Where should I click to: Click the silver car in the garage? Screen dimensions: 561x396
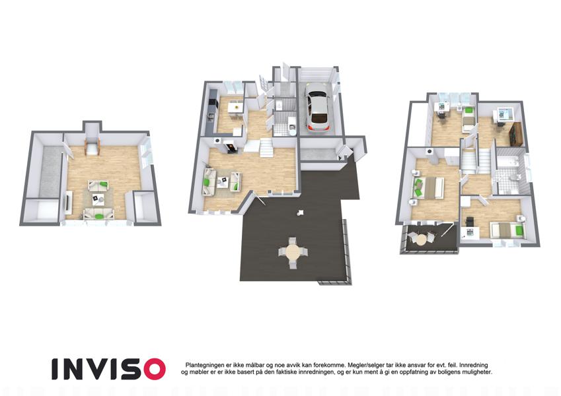point(317,106)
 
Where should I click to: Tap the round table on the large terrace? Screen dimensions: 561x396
point(293,253)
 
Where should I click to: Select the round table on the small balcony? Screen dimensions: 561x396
point(422,239)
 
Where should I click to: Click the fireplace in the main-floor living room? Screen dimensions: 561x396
point(230,146)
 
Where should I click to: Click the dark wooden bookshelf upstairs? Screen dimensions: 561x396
point(516,134)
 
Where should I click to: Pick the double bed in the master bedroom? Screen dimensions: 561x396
point(430,187)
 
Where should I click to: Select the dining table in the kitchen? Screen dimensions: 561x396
point(235,106)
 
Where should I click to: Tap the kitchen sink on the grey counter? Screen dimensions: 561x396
point(211,117)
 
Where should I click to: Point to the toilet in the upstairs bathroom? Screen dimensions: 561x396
point(515,178)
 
